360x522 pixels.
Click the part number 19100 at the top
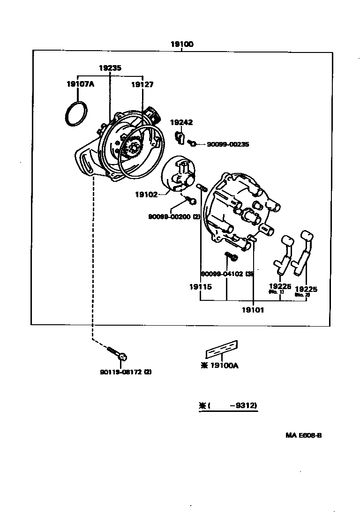tap(182, 45)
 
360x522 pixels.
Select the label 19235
tap(110, 68)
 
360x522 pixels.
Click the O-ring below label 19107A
tap(75, 113)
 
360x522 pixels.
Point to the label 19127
tap(142, 85)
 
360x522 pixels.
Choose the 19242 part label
tap(181, 123)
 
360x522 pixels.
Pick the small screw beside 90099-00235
tap(192, 142)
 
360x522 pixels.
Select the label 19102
tap(147, 194)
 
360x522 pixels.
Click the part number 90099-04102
tap(222, 274)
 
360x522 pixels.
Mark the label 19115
tap(200, 287)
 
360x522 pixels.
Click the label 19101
tap(253, 310)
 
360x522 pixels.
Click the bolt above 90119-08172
tap(118, 354)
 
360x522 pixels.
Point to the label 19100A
tap(223, 366)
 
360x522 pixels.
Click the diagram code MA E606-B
tap(304, 435)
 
